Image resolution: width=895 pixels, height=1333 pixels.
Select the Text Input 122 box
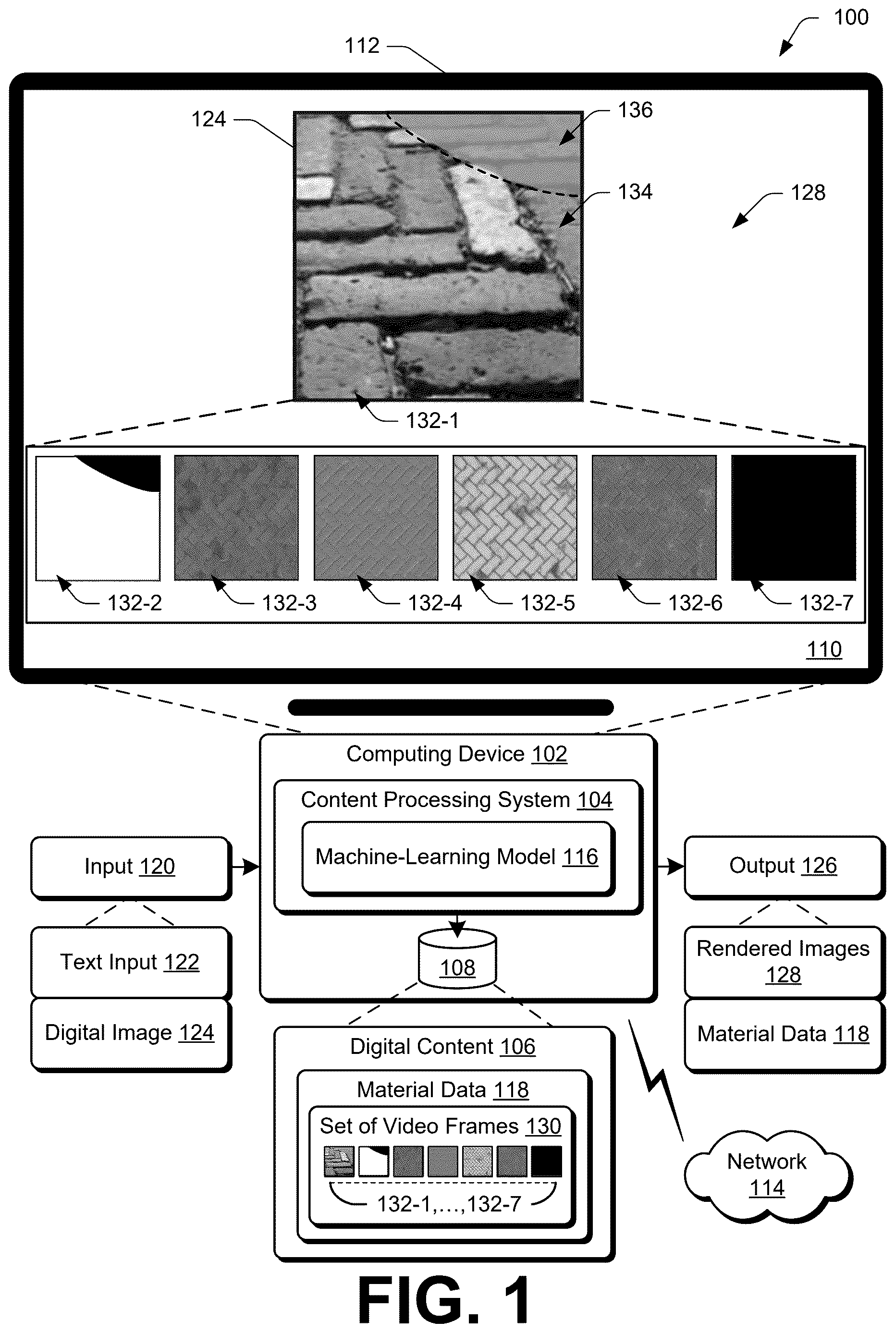pyautogui.click(x=131, y=963)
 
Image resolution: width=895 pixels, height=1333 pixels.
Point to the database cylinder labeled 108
pyautogui.click(x=457, y=960)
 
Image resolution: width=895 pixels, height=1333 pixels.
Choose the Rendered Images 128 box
pyautogui.click(x=784, y=962)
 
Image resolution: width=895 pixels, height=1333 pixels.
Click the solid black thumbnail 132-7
pyautogui.click(x=794, y=517)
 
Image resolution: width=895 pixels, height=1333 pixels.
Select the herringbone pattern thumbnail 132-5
pyautogui.click(x=515, y=517)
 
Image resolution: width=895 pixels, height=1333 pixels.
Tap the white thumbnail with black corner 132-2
pyautogui.click(x=98, y=517)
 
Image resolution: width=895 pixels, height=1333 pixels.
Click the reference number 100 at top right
pyautogui.click(x=851, y=18)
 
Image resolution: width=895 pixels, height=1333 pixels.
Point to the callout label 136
pyautogui.click(x=635, y=110)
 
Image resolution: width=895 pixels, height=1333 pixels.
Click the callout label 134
pyautogui.click(x=635, y=192)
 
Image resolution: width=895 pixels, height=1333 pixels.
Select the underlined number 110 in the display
pyautogui.click(x=823, y=649)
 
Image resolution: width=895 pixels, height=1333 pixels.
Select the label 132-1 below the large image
pyautogui.click(x=432, y=421)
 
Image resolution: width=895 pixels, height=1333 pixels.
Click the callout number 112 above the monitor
pyautogui.click(x=362, y=46)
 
